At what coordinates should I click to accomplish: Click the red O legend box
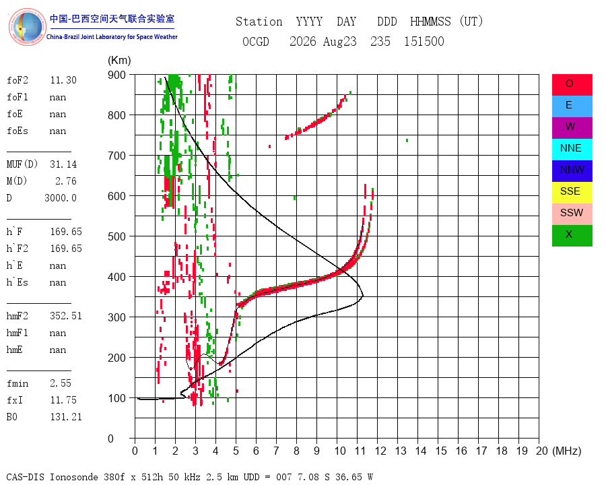click(x=572, y=85)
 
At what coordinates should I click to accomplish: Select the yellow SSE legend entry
click(x=572, y=193)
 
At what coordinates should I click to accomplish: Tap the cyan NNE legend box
click(x=572, y=150)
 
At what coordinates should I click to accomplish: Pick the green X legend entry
click(x=572, y=236)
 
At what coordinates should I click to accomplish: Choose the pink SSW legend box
click(x=572, y=214)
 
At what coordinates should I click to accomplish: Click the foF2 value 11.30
click(x=63, y=80)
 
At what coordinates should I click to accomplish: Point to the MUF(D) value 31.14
click(x=63, y=164)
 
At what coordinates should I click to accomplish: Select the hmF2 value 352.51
click(x=66, y=316)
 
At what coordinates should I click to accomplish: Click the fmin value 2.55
click(x=61, y=383)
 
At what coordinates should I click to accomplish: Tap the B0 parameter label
click(x=11, y=417)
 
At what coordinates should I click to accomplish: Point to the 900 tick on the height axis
click(x=116, y=75)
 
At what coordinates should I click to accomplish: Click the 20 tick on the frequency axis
click(x=542, y=451)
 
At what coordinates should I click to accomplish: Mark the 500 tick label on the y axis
click(x=116, y=236)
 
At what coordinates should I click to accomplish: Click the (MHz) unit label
click(x=567, y=451)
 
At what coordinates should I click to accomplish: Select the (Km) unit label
click(x=119, y=61)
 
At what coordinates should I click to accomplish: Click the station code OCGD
click(x=255, y=41)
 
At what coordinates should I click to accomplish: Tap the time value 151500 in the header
click(x=424, y=41)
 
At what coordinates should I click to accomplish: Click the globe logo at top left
click(x=27, y=27)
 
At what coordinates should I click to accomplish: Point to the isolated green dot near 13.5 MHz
click(x=407, y=140)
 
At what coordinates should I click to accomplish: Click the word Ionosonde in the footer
click(x=74, y=477)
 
